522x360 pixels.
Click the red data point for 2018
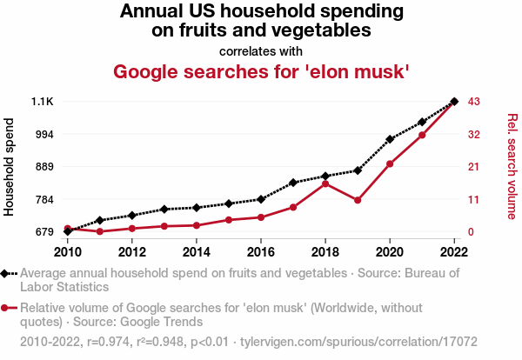coord(325,183)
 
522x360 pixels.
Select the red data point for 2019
coord(358,200)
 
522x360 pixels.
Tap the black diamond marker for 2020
coord(390,139)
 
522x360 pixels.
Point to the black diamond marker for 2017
coord(293,183)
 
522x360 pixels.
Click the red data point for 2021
coord(422,135)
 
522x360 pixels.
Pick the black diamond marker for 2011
coord(100,220)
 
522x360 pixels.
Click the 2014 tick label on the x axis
coord(197,253)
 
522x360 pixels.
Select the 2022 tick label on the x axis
coord(454,253)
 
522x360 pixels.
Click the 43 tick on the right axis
coord(474,102)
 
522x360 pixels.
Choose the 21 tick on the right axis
coord(474,166)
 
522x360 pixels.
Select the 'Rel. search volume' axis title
coord(512,166)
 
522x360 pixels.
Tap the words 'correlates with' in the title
coord(261,50)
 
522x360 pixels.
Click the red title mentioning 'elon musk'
coord(261,71)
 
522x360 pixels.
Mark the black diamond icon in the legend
coord(6,273)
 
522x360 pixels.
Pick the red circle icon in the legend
coord(6,308)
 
